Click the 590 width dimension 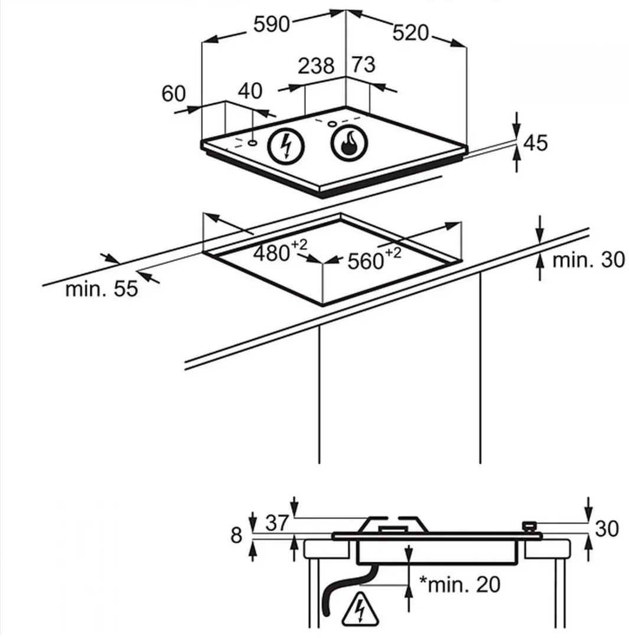[x=271, y=24]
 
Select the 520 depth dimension [x=410, y=32]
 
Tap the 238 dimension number [x=316, y=66]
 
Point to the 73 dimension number [x=363, y=64]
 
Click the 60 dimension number [x=174, y=93]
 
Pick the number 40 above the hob [x=250, y=91]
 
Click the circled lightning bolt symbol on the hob [x=286, y=146]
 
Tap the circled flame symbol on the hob [x=350, y=143]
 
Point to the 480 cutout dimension [x=281, y=250]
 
